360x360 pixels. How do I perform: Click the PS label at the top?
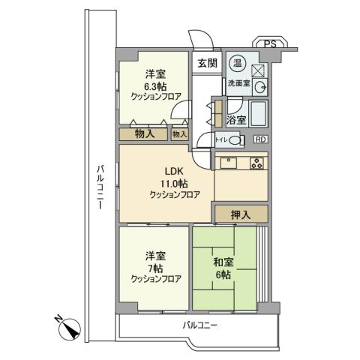tap(269, 44)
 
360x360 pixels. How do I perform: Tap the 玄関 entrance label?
tap(208, 64)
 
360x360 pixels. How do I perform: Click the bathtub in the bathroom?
tap(258, 115)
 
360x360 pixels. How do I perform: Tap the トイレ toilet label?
tap(223, 139)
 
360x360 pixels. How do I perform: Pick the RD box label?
tap(259, 139)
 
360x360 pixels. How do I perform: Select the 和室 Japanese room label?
tap(224, 262)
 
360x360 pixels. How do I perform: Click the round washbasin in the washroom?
tap(259, 87)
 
